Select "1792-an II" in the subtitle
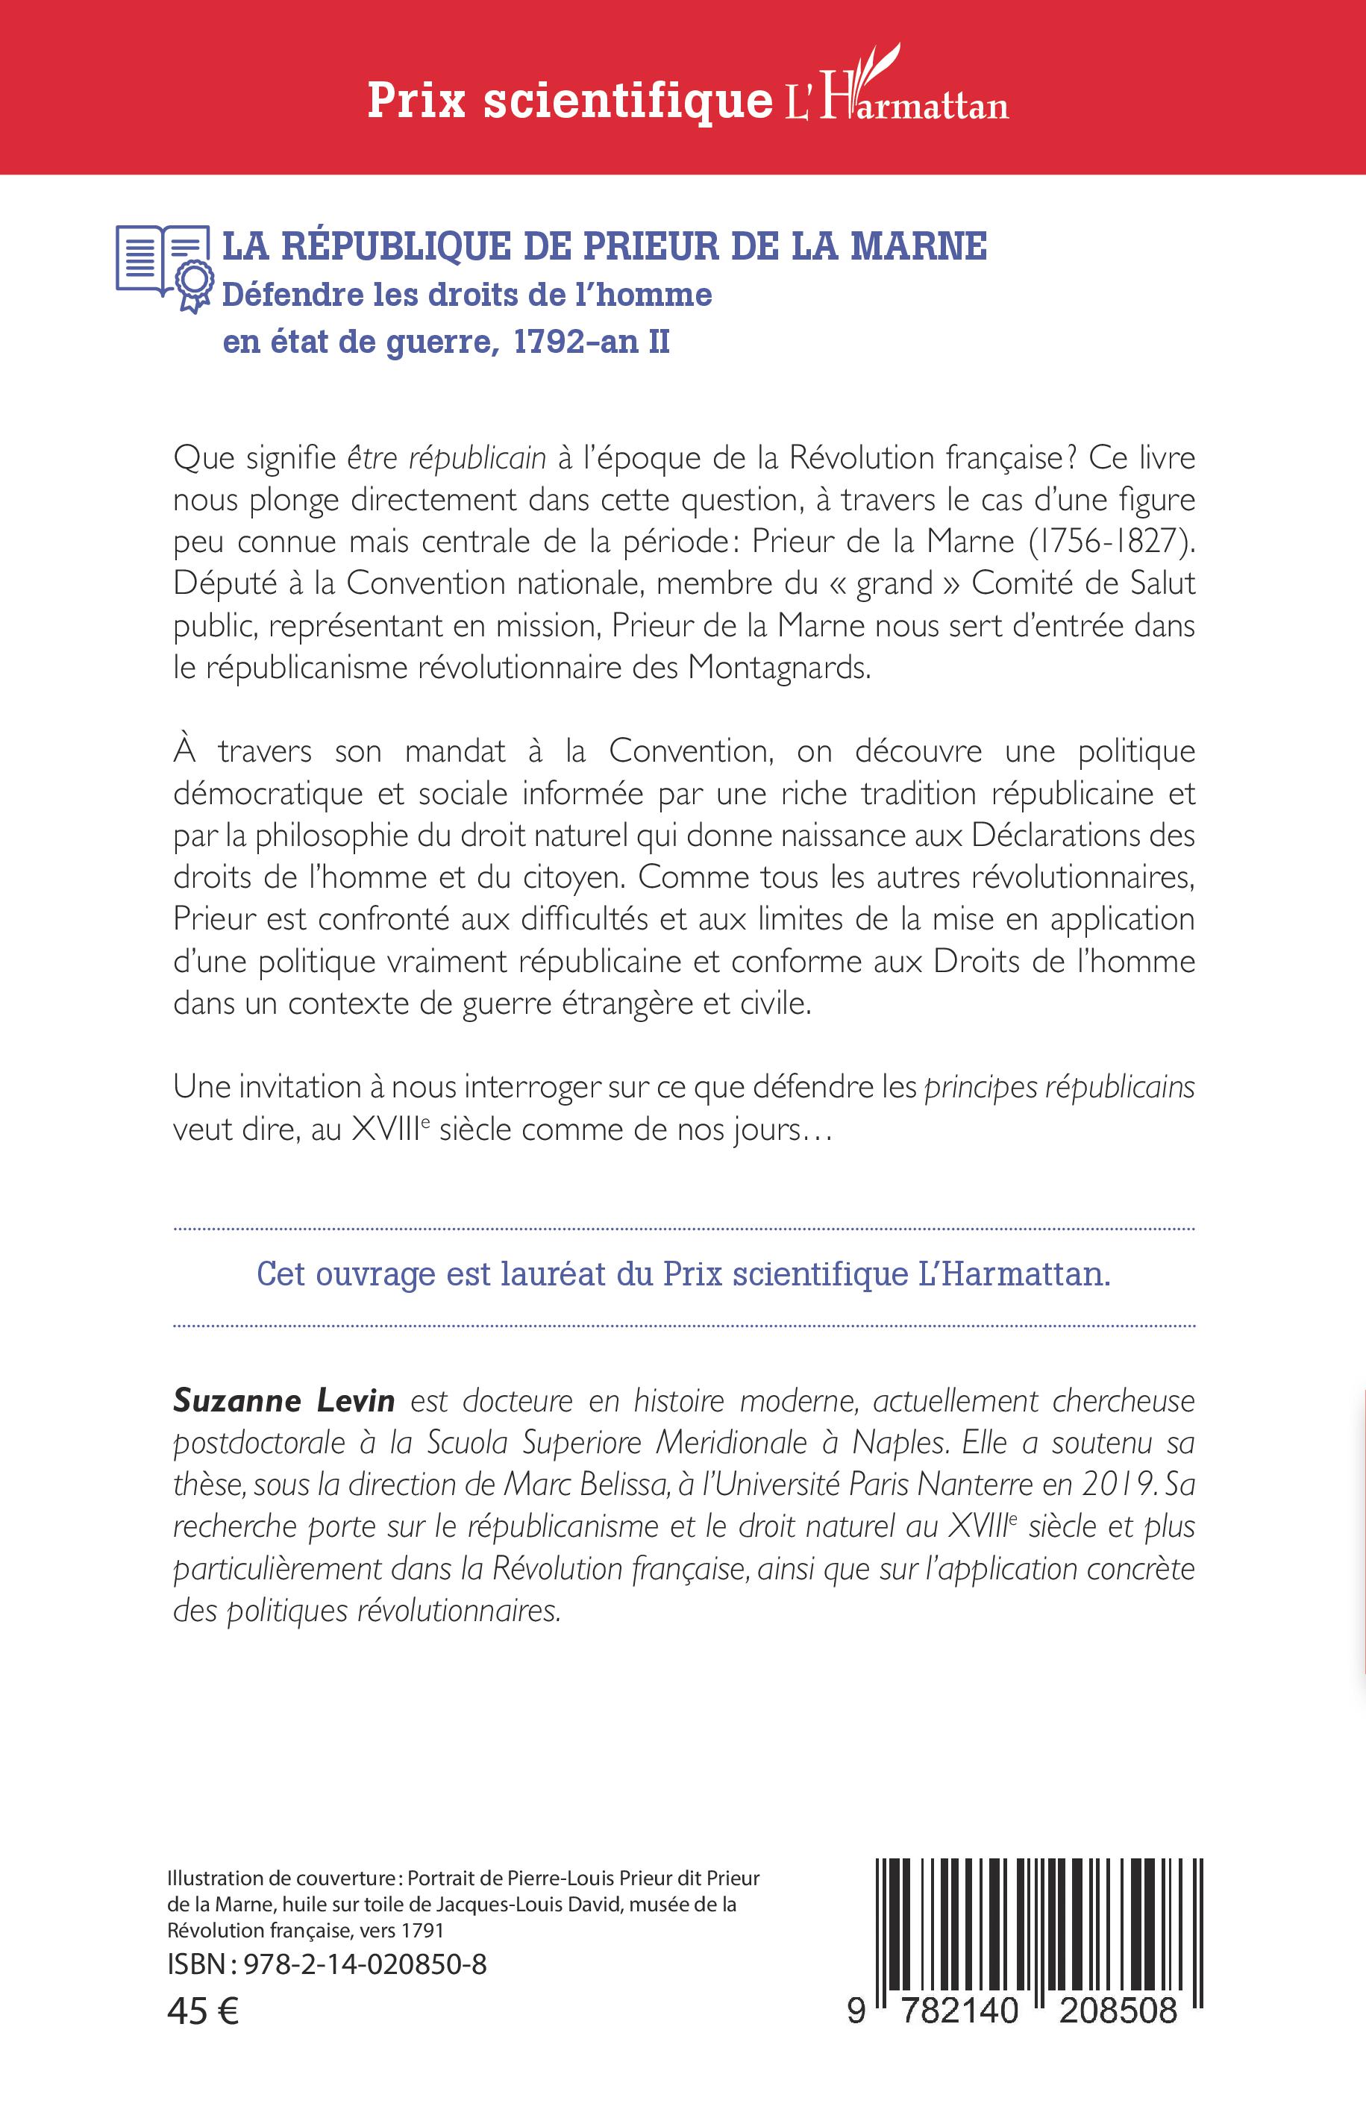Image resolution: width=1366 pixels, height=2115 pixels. (591, 342)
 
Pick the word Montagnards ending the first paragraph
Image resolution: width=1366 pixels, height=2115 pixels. (780, 667)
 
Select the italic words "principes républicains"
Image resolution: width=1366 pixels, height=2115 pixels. (1059, 1087)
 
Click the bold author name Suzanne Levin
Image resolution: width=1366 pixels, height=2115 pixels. (283, 1400)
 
